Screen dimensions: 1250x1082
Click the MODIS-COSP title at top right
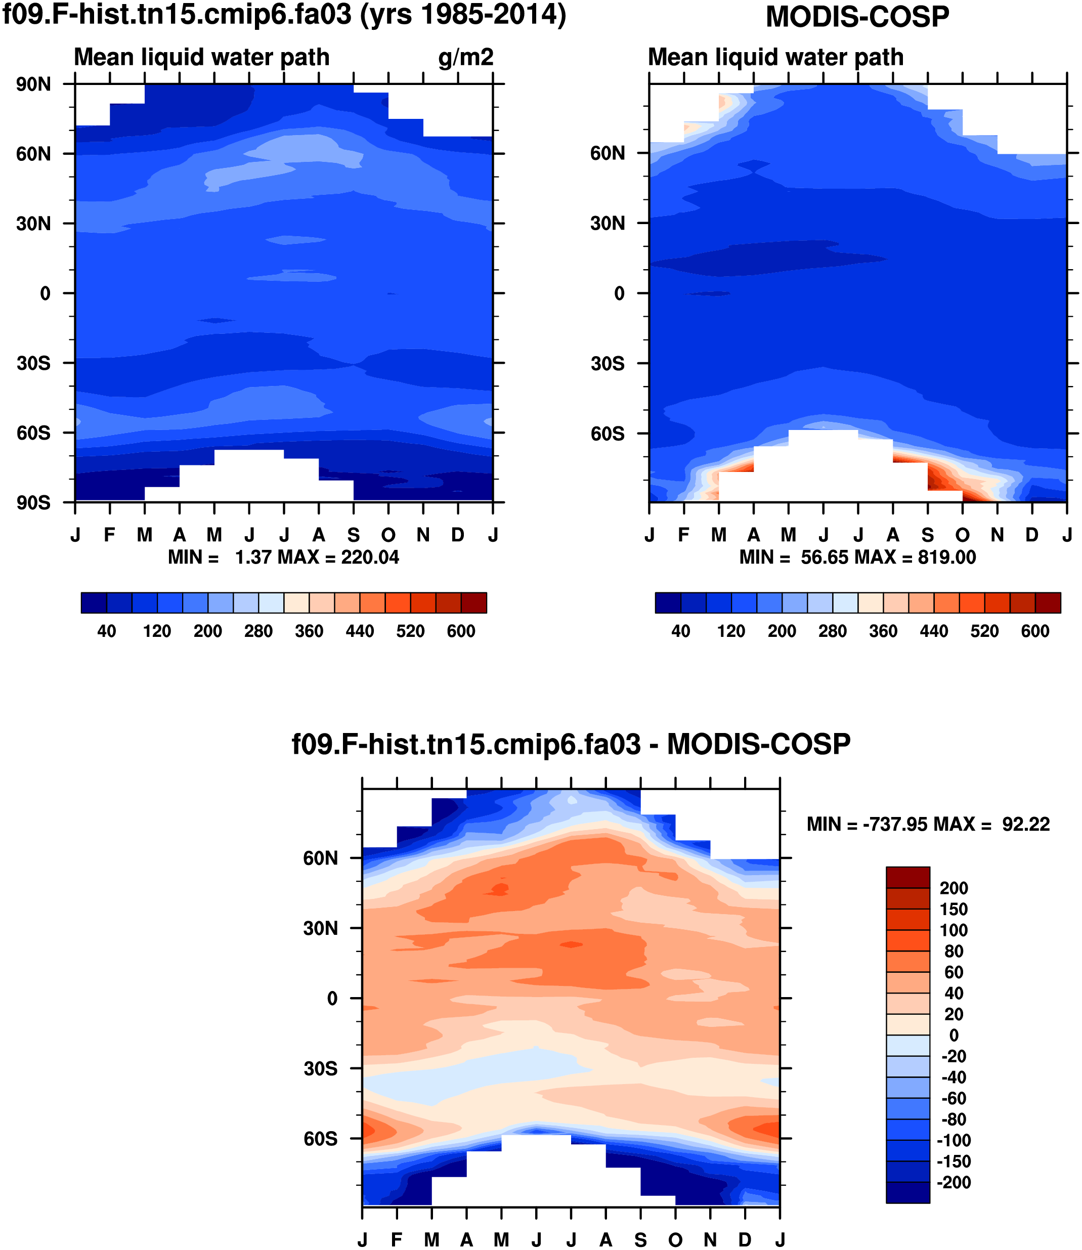[857, 17]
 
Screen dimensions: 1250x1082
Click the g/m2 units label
[465, 57]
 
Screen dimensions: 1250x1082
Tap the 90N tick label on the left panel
[34, 84]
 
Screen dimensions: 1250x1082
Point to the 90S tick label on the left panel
[34, 502]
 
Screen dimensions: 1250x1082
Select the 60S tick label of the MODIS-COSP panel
[608, 434]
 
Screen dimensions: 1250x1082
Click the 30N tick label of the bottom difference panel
[321, 928]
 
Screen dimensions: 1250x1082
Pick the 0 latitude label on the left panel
[46, 294]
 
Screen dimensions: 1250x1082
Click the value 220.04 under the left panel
[370, 557]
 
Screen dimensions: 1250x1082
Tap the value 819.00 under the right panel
[946, 557]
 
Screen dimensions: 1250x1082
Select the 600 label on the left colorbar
[461, 632]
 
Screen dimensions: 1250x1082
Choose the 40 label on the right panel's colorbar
[680, 632]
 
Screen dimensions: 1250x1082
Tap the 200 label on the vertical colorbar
[954, 888]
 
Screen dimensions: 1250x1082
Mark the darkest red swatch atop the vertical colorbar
[907, 877]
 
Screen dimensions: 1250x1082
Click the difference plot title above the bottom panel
[571, 744]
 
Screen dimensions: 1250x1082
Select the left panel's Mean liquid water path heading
[202, 57]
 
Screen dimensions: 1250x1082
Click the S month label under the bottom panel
[640, 1240]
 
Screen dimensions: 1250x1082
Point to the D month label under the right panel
[1032, 535]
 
